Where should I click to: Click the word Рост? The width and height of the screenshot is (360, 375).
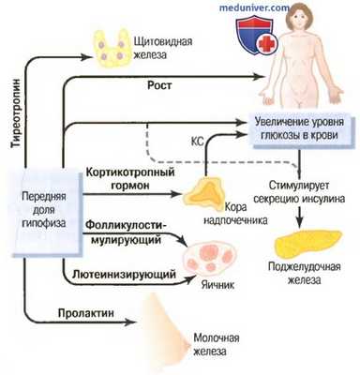(x=157, y=84)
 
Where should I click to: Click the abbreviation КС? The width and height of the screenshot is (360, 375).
(x=220, y=142)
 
